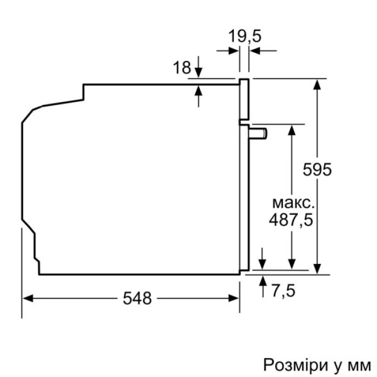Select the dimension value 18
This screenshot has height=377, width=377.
click(x=182, y=68)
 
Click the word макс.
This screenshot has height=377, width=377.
click(x=291, y=204)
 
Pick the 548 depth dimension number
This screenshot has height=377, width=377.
click(x=136, y=298)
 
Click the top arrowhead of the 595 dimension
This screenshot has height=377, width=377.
click(x=319, y=84)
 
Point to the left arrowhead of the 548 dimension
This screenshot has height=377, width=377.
click(x=27, y=298)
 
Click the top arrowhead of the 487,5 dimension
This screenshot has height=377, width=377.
click(x=291, y=130)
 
